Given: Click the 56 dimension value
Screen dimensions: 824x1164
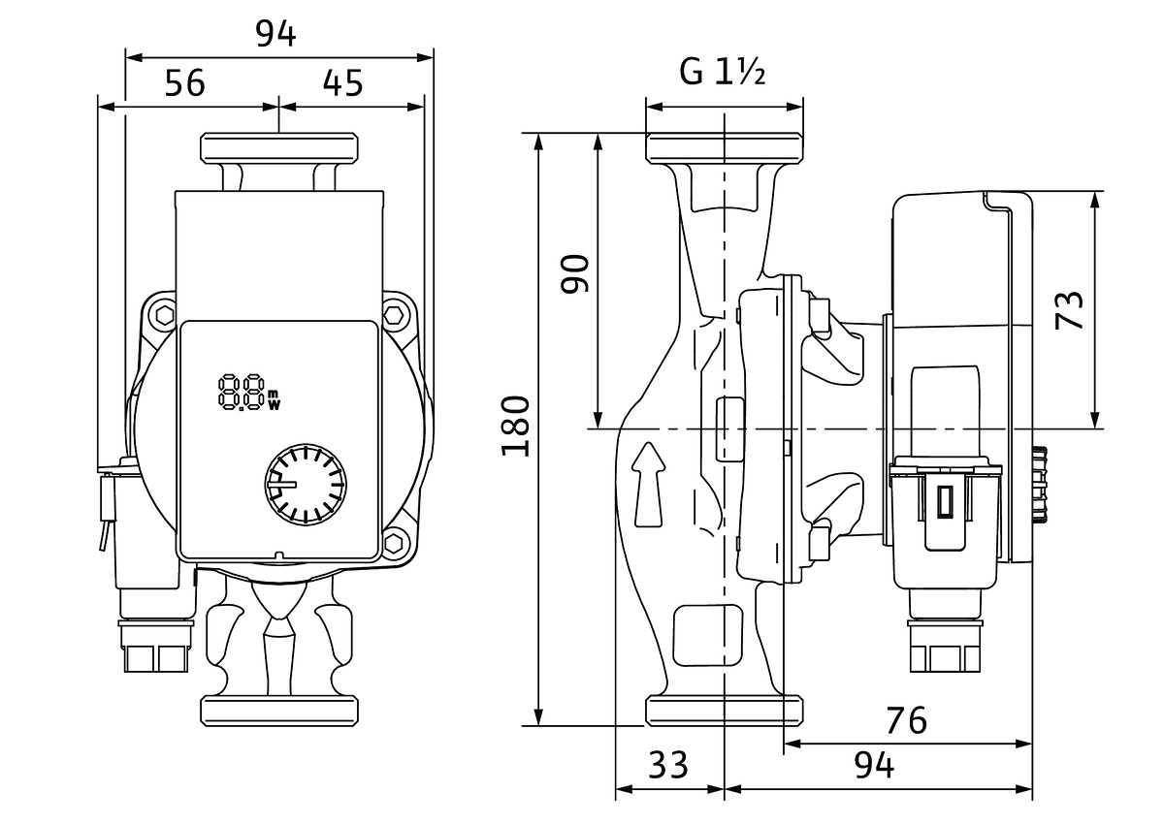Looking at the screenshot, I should pyautogui.click(x=184, y=83).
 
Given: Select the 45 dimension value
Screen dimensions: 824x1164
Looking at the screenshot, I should pyautogui.click(x=342, y=83).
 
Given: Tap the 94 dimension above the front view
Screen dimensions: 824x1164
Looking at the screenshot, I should pyautogui.click(x=275, y=33).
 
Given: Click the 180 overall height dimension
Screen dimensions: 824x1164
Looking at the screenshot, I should pyautogui.click(x=517, y=427).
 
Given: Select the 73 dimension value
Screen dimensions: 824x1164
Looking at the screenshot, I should pyautogui.click(x=1070, y=310).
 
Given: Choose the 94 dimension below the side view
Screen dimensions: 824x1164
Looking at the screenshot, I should pyautogui.click(x=874, y=766).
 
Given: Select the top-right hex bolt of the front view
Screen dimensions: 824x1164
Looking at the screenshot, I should pyautogui.click(x=395, y=315).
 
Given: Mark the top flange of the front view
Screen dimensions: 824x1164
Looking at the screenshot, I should pyautogui.click(x=279, y=148).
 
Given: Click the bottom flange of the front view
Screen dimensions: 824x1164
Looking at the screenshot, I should pyautogui.click(x=279, y=709).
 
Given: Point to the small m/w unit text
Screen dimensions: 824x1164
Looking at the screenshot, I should pyautogui.click(x=274, y=398).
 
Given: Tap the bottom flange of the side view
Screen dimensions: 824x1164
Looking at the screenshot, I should pyautogui.click(x=725, y=709).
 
